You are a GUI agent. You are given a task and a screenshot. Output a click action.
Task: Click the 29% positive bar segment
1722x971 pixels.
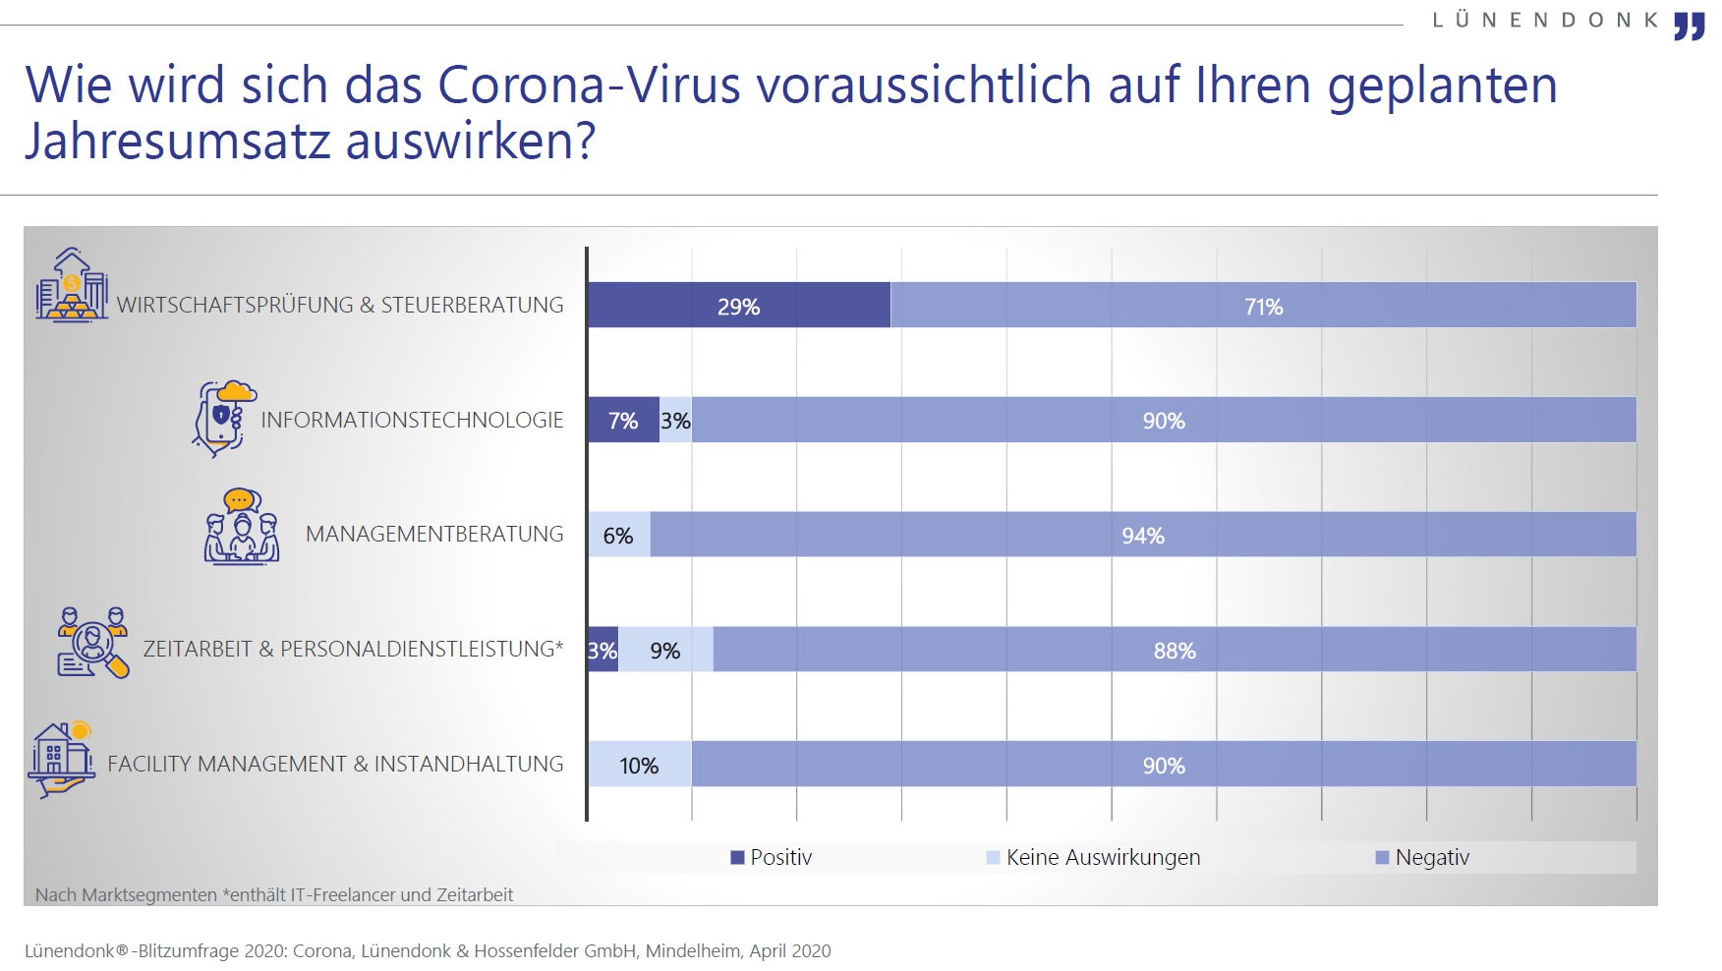[739, 305]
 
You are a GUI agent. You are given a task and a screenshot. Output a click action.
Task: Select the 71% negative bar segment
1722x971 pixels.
[1263, 305]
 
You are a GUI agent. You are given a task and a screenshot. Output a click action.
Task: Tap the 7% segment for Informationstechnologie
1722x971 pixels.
[623, 420]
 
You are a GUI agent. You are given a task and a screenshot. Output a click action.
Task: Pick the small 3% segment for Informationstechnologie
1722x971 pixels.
[675, 420]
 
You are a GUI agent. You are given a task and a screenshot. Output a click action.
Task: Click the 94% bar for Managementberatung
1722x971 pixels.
[1143, 535]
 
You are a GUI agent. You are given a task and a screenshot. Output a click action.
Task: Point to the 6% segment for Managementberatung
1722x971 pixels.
[619, 535]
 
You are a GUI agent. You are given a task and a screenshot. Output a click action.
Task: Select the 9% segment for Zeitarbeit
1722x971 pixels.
[665, 650]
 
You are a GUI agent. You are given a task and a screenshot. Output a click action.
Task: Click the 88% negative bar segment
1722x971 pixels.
[1175, 650]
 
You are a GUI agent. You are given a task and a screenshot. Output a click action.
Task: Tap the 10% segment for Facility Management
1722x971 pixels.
[640, 765]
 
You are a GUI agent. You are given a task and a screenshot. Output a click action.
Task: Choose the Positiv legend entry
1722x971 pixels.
[772, 857]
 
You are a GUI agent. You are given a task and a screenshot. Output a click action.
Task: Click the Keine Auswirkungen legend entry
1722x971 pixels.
[1093, 857]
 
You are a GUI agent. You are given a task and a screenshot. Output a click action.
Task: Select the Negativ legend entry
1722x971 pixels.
[1422, 857]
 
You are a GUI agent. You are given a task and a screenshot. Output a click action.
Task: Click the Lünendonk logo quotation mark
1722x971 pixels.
[1690, 26]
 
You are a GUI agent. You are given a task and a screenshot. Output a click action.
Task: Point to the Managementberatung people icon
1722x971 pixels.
[242, 527]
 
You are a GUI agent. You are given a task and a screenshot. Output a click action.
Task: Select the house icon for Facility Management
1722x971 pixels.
[61, 760]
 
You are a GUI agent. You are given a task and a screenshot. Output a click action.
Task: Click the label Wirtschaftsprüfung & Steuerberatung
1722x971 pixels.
[340, 305]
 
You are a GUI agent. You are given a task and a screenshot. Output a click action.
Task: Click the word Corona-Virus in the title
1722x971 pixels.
[589, 85]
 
